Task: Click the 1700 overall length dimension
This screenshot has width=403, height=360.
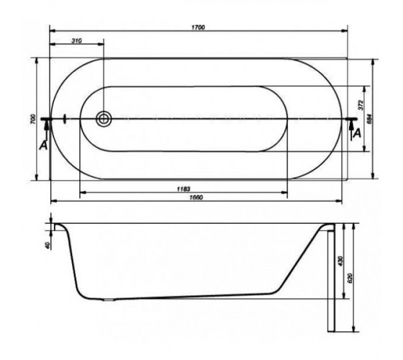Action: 198,27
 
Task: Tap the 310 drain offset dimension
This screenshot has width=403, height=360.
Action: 76,40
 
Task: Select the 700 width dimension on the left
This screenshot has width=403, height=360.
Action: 32,119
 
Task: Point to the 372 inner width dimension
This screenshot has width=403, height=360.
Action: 361,105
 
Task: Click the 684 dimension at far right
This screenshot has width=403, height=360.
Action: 369,119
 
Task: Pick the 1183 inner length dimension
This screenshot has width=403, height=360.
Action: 184,189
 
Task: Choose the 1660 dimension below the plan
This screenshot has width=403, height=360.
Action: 196,197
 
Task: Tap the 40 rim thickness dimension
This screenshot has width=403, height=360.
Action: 47,245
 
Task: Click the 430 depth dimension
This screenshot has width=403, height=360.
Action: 340,261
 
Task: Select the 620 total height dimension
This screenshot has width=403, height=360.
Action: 350,278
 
